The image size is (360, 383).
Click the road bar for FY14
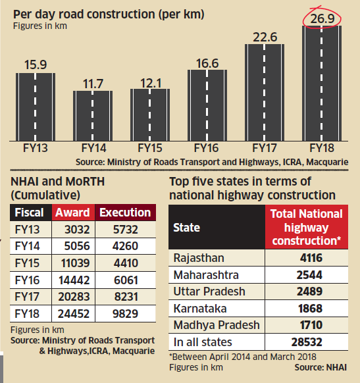[92, 116]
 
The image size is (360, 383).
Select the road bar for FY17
[265, 92]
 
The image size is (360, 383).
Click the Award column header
[72, 213]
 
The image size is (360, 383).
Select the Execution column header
[124, 213]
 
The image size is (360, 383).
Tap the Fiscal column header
[30, 213]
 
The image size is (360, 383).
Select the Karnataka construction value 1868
[308, 308]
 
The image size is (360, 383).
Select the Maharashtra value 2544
[308, 275]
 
